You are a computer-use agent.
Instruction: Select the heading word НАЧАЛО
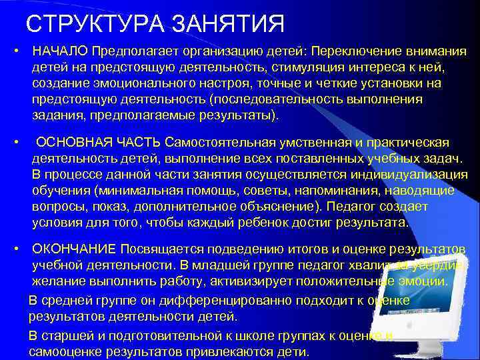tap(61, 52)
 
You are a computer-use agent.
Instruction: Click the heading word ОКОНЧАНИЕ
tap(73, 249)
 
